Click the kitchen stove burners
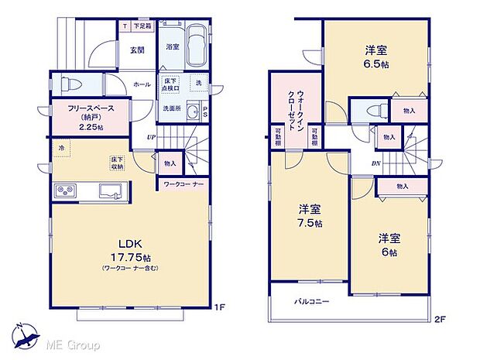click(x=65, y=191)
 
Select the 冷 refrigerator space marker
click(x=60, y=146)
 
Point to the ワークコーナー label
click(x=183, y=184)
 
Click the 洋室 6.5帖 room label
click(x=377, y=57)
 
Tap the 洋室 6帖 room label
click(x=388, y=244)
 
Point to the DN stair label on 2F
click(x=375, y=164)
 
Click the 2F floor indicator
click(x=441, y=318)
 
